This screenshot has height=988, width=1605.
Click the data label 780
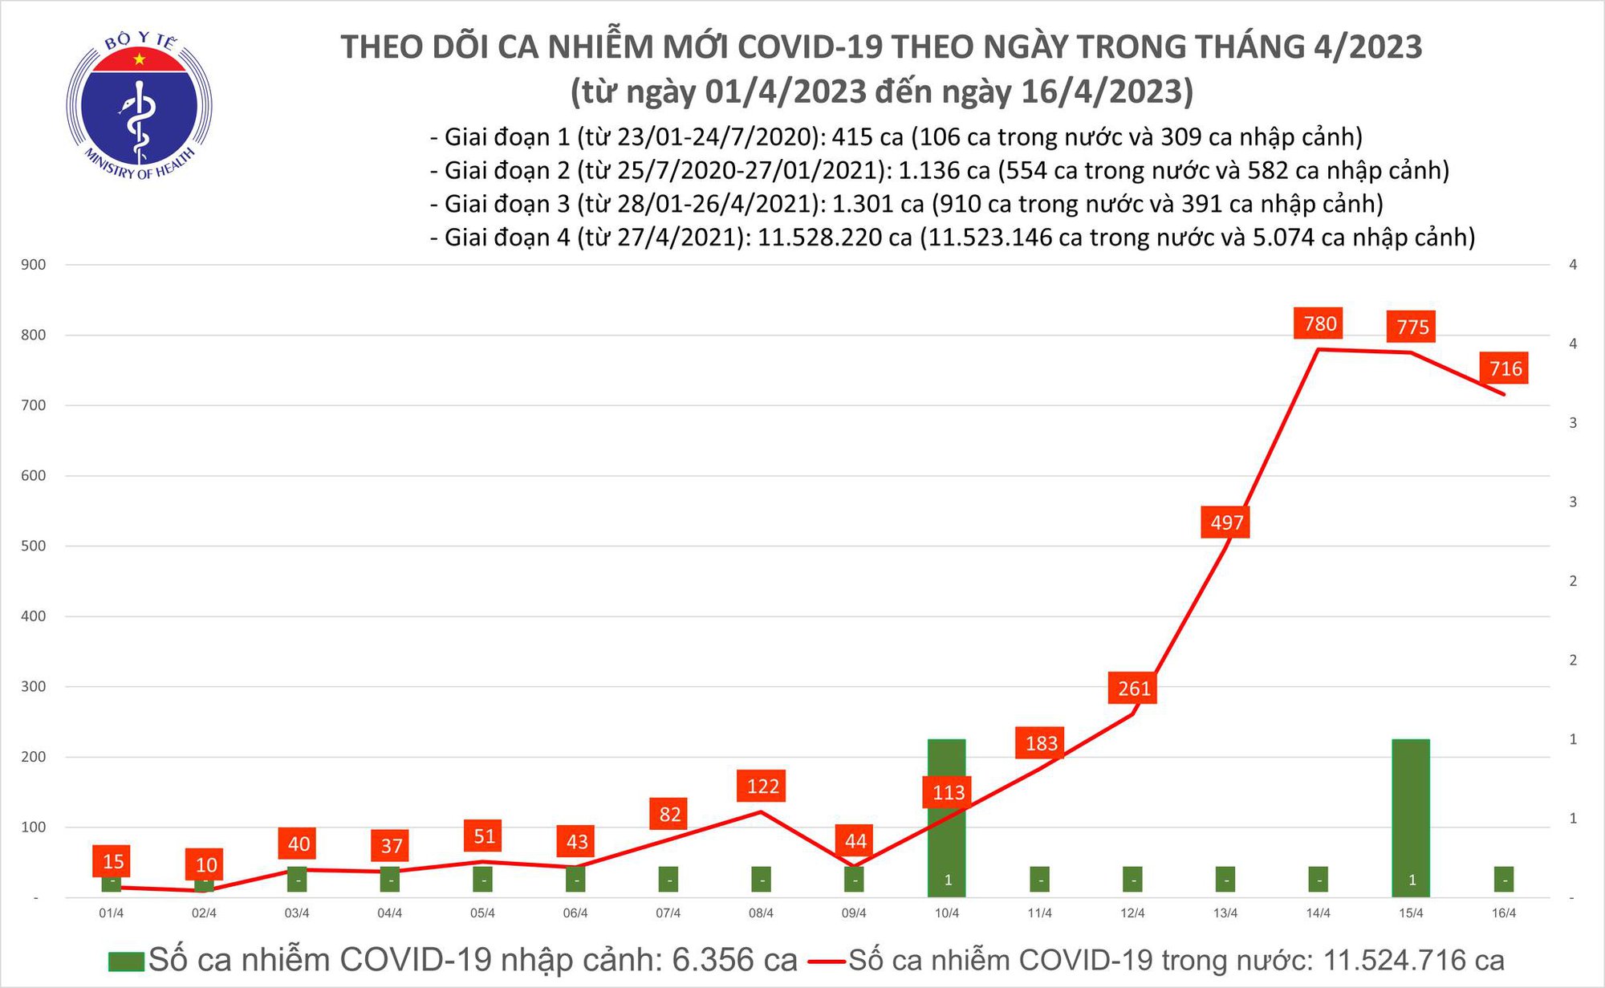(x=1320, y=323)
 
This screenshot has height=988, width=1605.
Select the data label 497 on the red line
(x=1226, y=522)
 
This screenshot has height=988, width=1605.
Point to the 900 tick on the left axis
(x=34, y=265)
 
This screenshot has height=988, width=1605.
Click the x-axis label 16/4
(x=1504, y=913)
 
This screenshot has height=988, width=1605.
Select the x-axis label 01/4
(x=111, y=913)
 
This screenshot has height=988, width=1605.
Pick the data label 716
(x=1505, y=368)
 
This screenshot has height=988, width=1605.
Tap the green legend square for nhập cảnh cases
(x=125, y=961)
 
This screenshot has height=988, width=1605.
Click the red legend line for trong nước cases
(x=827, y=961)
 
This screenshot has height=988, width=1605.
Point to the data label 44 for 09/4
(x=855, y=841)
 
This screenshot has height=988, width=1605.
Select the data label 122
(x=762, y=786)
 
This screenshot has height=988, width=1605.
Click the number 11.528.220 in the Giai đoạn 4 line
(x=835, y=238)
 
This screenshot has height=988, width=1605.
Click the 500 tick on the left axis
(x=34, y=546)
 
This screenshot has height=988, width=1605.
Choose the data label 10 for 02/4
(x=206, y=864)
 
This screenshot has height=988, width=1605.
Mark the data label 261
(x=1134, y=688)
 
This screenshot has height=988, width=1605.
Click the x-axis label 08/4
(x=761, y=913)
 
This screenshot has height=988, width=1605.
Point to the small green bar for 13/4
(x=1225, y=880)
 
